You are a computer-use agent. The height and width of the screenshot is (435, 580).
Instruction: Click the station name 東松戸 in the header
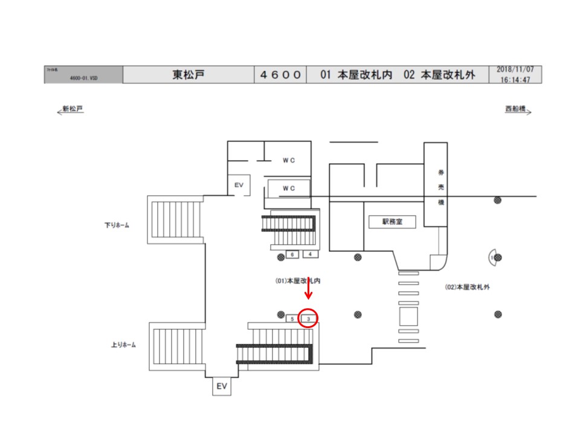[x=188, y=75]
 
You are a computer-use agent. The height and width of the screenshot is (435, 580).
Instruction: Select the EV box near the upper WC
[x=238, y=185]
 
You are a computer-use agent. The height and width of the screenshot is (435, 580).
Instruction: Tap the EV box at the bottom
[x=222, y=386]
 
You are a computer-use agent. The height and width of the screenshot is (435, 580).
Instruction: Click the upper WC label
[x=288, y=160]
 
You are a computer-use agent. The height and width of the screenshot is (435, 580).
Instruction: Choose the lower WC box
[x=289, y=188]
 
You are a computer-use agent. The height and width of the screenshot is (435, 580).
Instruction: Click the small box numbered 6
[x=292, y=254]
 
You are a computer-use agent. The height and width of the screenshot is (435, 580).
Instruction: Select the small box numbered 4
[x=310, y=254]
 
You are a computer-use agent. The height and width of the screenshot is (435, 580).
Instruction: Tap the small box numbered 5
[x=292, y=318]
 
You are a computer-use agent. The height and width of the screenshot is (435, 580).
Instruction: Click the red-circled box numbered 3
[x=309, y=318]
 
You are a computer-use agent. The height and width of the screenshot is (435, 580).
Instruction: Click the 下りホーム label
[x=116, y=225]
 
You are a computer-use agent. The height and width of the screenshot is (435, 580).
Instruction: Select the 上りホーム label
[x=123, y=345]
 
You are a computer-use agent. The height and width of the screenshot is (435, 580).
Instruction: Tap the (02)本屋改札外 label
[x=467, y=287]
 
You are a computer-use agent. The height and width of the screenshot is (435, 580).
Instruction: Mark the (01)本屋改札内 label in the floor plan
[x=297, y=281]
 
